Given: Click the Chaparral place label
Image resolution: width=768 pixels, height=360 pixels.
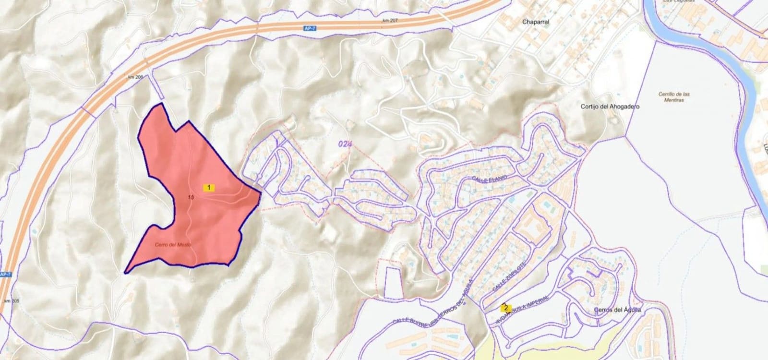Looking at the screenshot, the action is (x=536, y=22).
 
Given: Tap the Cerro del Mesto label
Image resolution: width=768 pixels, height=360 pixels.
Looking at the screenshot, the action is (x=173, y=245).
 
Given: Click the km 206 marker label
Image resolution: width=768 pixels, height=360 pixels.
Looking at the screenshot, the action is (x=136, y=77).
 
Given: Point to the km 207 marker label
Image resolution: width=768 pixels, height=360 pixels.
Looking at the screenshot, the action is (x=391, y=21).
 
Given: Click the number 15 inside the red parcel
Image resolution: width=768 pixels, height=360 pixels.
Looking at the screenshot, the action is (x=191, y=197).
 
